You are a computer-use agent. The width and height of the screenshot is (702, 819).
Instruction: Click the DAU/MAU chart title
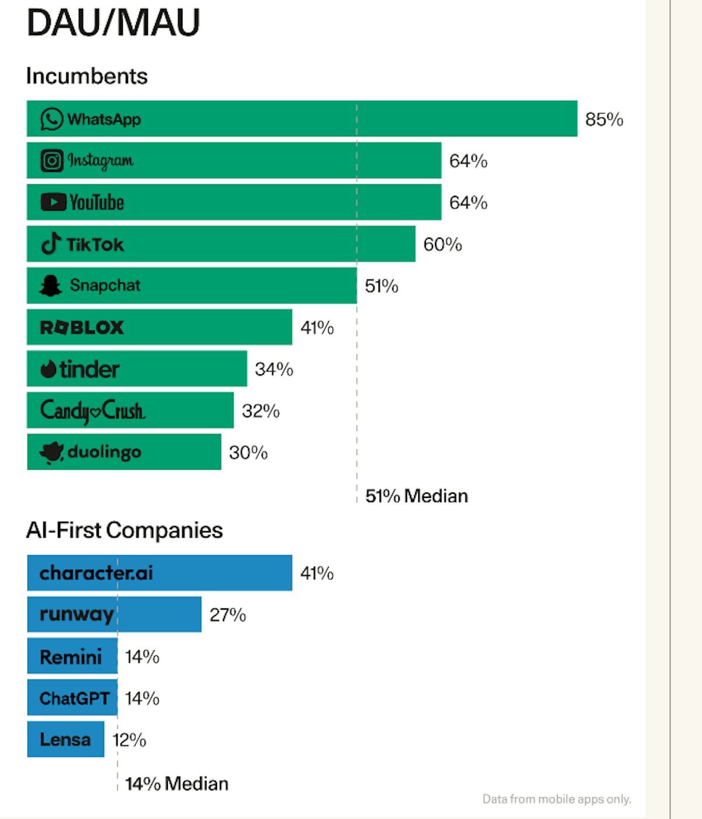(113, 23)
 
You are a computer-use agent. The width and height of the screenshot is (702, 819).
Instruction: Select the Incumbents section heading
(87, 76)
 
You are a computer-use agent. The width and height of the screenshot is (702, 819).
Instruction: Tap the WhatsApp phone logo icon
(51, 119)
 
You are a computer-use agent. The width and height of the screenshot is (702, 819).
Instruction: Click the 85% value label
(604, 119)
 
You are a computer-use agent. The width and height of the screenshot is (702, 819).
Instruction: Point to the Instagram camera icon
(51, 160)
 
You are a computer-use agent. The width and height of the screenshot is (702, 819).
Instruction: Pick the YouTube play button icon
(53, 202)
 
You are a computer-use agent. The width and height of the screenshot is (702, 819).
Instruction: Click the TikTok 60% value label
(442, 245)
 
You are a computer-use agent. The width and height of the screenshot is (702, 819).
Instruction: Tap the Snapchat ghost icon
(51, 285)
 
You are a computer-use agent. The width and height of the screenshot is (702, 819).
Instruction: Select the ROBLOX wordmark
(82, 328)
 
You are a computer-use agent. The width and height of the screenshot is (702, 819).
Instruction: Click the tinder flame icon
(48, 369)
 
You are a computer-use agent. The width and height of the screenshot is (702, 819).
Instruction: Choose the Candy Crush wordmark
(92, 411)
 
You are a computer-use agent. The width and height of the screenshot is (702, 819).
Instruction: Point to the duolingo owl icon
(51, 452)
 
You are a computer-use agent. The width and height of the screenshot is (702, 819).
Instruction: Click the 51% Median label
(417, 496)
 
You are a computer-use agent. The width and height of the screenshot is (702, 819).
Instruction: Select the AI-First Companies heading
(125, 530)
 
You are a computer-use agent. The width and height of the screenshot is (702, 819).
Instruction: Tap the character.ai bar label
(96, 573)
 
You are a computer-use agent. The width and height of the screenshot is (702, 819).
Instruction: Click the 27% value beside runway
(228, 615)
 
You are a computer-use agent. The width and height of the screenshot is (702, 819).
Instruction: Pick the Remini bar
(71, 656)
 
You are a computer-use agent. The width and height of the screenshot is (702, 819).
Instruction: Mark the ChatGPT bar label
(74, 698)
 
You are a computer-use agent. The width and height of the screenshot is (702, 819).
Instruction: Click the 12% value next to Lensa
(129, 740)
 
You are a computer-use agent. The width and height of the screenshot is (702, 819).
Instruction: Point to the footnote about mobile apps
(556, 799)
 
